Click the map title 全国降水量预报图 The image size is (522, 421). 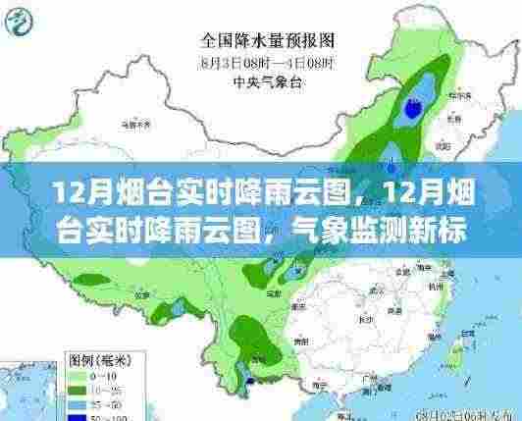point(267,41)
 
